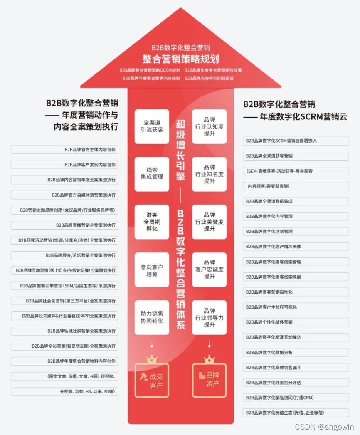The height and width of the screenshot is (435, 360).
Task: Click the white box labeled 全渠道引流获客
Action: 152,126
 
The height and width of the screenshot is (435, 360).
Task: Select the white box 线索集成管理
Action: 152,173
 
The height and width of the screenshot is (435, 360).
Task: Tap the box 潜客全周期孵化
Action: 152,222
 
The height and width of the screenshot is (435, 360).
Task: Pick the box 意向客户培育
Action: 152,269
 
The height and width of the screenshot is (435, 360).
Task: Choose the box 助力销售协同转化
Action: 152,317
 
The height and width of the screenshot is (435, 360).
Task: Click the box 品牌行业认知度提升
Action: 209,126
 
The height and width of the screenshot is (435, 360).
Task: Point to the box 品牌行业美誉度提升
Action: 209,222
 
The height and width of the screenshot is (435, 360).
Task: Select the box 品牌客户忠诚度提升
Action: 209,269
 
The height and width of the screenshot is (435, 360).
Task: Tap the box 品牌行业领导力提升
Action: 209,317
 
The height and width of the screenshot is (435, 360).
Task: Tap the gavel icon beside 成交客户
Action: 143,376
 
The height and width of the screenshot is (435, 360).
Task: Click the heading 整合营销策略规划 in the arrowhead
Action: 180,59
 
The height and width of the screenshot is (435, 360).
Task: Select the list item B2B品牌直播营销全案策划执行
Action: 64,225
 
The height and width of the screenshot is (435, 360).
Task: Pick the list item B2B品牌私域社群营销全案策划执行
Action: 64,331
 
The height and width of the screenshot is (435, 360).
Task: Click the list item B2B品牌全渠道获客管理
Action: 296,156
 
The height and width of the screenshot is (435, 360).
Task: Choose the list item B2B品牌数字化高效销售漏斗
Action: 296,368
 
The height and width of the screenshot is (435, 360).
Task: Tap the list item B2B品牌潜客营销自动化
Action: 296,292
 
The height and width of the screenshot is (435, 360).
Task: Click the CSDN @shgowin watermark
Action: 324,427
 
